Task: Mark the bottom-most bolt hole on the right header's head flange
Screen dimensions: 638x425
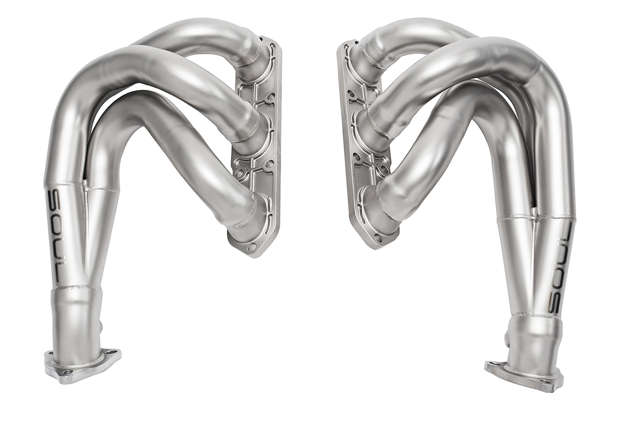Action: click(378, 237)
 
